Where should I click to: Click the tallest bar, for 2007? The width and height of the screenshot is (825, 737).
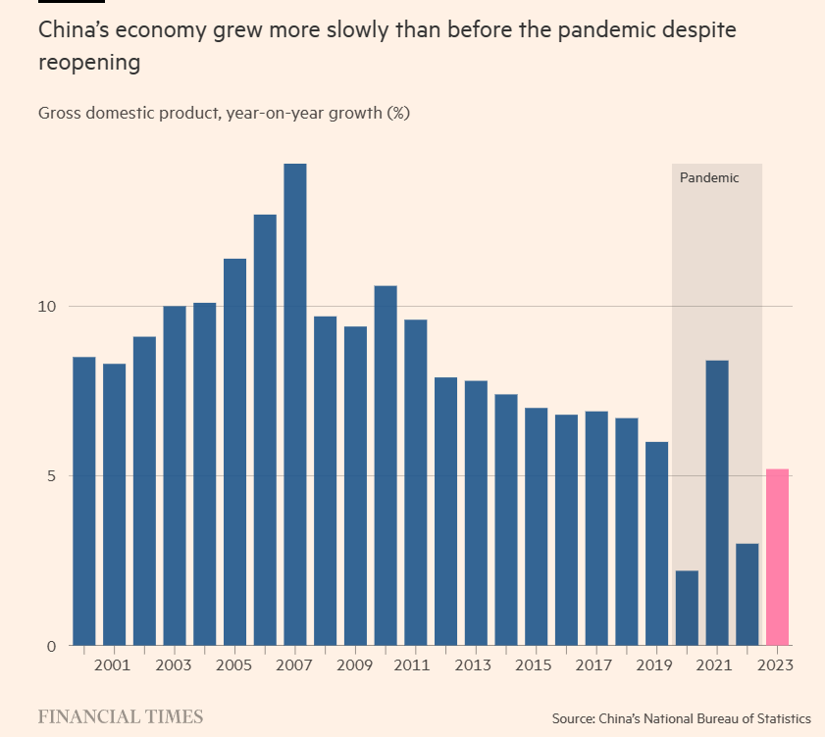[x=295, y=404]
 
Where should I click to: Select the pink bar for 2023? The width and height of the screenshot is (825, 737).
[x=777, y=557]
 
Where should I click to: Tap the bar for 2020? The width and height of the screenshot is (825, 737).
[x=687, y=608]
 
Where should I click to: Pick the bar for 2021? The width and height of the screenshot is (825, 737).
[x=717, y=503]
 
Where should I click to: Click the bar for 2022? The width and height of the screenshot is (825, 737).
[x=748, y=594]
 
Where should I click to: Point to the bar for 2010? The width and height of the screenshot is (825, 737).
[x=386, y=466]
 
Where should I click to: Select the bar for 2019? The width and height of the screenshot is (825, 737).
[x=656, y=543]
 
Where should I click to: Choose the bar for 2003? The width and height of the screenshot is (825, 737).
[x=175, y=475]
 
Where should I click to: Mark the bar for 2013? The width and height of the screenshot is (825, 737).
[x=476, y=513]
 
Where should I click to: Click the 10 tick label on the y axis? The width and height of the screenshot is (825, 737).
[x=48, y=307]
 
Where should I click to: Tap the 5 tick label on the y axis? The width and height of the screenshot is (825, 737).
[x=52, y=476]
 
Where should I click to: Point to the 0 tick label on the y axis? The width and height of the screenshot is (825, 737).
[x=52, y=646]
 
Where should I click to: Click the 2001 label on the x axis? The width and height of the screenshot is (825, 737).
[x=114, y=666]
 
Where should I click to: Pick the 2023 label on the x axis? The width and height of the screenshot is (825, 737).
[x=777, y=666]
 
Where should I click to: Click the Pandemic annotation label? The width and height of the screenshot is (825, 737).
[x=709, y=178]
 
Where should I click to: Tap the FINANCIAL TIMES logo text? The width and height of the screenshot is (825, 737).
[x=121, y=717]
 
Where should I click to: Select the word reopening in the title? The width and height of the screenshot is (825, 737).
[x=89, y=64]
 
